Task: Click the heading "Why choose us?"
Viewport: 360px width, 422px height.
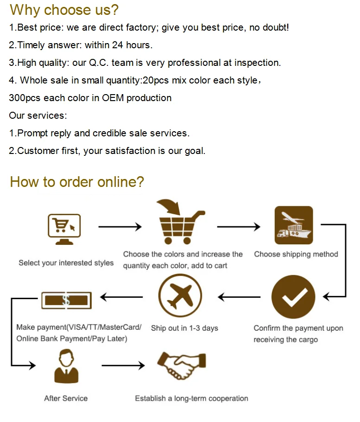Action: click(x=64, y=10)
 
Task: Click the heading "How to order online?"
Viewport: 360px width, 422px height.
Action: click(x=77, y=182)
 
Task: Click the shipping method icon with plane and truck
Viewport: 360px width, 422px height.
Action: click(x=294, y=225)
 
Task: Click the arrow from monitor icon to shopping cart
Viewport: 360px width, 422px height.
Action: click(x=120, y=227)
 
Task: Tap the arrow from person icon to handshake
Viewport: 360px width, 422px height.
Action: click(x=123, y=366)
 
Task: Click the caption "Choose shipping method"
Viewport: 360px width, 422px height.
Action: click(x=296, y=254)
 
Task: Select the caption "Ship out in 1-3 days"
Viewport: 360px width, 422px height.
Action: click(x=184, y=328)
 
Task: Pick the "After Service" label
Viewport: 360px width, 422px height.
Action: click(x=66, y=398)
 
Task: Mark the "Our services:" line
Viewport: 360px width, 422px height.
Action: click(x=38, y=115)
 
